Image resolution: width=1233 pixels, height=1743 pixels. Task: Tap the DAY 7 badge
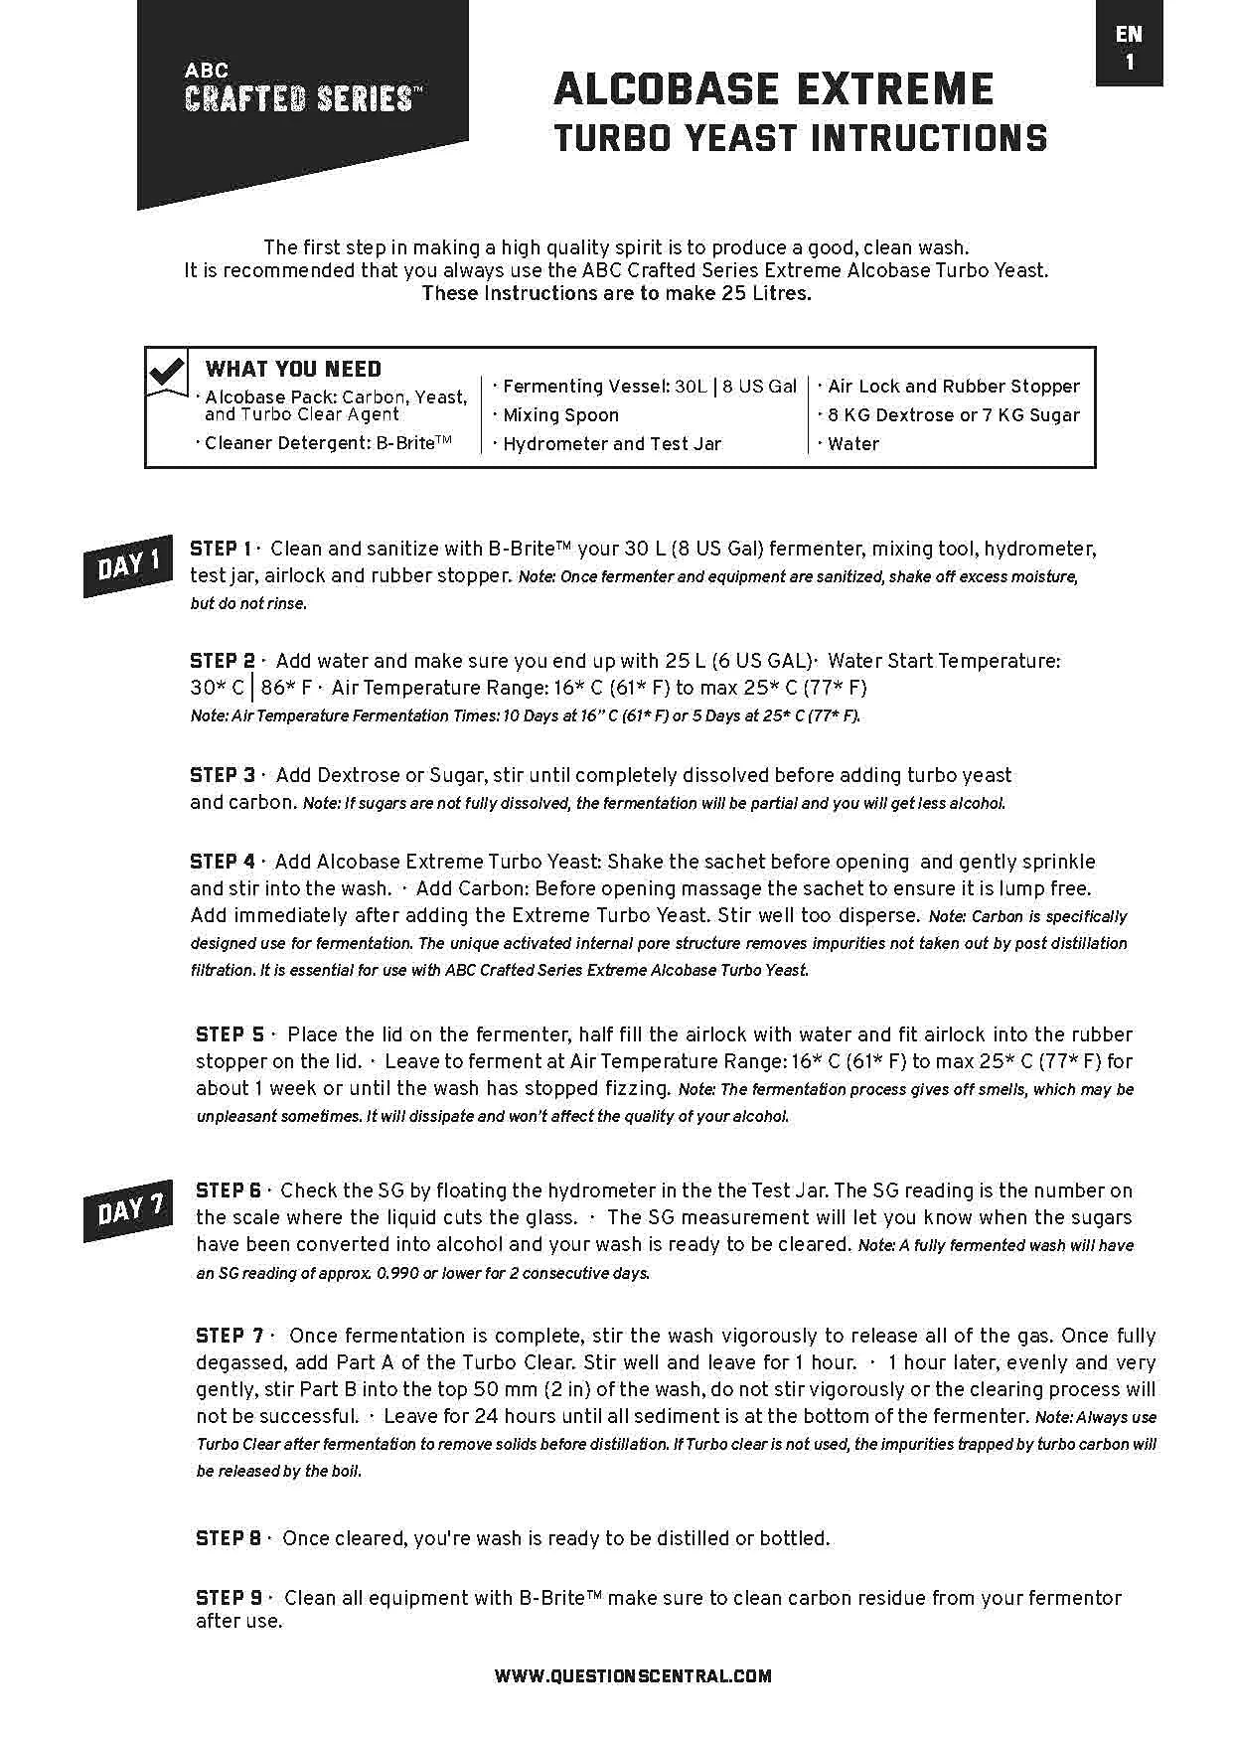[x=129, y=1210]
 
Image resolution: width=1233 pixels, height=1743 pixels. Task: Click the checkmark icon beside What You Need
[x=167, y=373]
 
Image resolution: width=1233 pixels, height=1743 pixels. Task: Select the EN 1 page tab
[x=1129, y=47]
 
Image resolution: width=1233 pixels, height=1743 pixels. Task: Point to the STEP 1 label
[x=221, y=549]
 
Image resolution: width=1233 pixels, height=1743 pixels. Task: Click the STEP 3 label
[x=223, y=775]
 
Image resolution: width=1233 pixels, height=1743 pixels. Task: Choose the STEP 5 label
[x=230, y=1034]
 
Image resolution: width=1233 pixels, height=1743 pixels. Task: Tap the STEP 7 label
[x=230, y=1336]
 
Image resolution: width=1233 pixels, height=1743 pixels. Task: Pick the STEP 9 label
[x=230, y=1598]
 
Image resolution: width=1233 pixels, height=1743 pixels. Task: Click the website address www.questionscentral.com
[x=633, y=1675]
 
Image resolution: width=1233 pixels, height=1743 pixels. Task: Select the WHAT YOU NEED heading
[x=293, y=369]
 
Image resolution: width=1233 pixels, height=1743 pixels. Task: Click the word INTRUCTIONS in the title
[x=930, y=138]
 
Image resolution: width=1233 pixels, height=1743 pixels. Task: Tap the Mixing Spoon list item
[x=560, y=415]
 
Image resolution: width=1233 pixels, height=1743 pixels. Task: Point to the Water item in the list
[x=852, y=444]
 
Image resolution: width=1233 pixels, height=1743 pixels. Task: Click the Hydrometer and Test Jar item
[x=612, y=444]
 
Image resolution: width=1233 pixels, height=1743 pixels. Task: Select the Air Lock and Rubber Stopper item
[x=953, y=387]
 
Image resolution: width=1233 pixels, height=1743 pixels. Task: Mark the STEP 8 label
[x=230, y=1538]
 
